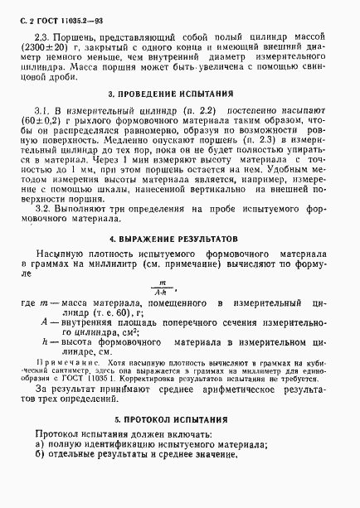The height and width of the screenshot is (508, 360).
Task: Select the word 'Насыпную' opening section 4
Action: pos(63,251)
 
